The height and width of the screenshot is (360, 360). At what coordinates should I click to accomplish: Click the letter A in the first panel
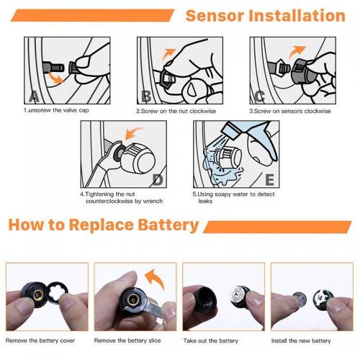[x=34, y=96]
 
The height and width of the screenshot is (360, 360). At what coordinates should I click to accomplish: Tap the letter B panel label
[x=146, y=96]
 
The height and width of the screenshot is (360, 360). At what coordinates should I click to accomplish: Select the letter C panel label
[x=259, y=96]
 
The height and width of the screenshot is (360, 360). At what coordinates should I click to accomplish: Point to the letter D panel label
[x=158, y=180]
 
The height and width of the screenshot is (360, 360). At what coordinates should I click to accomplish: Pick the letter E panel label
[x=270, y=180]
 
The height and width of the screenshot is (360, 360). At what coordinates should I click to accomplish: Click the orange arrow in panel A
[x=55, y=78]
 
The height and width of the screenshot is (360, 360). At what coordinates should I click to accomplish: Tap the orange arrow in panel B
[x=167, y=55]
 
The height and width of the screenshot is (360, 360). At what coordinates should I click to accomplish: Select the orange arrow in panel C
[x=296, y=52]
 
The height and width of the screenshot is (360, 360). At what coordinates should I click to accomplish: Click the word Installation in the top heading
[x=297, y=16]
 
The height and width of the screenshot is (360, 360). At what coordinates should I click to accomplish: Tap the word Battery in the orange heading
[x=168, y=225]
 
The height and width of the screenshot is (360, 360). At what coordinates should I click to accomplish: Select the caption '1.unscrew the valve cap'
[x=56, y=110]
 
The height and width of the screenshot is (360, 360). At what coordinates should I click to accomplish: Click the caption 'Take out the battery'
[x=211, y=341]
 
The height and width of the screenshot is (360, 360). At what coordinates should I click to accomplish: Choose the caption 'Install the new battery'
[x=301, y=341]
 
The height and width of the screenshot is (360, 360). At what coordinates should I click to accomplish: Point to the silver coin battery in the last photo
[x=300, y=300]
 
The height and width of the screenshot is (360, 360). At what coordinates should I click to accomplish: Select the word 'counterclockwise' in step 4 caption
[x=109, y=201]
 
